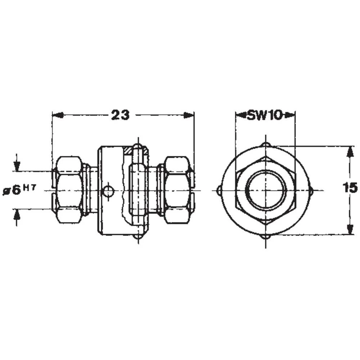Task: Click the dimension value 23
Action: click(x=120, y=115)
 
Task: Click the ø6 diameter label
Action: click(x=12, y=190)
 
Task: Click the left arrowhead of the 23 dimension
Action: click(x=58, y=115)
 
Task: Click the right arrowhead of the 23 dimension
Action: click(x=189, y=115)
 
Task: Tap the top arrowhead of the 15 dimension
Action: click(x=348, y=151)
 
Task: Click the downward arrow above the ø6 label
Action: click(x=17, y=166)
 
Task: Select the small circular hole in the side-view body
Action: click(x=108, y=191)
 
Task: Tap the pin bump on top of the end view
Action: click(x=266, y=144)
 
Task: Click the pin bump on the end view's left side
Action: click(x=219, y=190)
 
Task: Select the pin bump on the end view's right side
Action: click(x=311, y=190)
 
